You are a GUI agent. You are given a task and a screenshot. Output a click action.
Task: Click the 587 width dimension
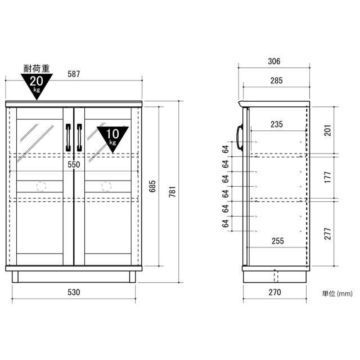click(74, 74)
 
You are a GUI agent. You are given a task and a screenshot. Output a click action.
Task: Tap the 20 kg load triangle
click(37, 85)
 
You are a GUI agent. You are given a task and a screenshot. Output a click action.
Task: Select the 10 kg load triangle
click(112, 138)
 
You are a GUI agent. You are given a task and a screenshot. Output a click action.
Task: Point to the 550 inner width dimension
click(74, 165)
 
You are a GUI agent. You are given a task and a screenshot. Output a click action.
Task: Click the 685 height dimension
click(152, 186)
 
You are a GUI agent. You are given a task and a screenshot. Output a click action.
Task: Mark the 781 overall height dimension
click(173, 192)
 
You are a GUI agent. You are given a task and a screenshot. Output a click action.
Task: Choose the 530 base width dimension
click(74, 292)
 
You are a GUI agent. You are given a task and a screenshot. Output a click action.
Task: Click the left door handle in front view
click(69, 138)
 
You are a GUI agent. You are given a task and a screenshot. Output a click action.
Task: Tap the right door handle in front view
click(79, 138)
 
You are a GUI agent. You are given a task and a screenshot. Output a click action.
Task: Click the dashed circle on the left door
click(41, 186)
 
